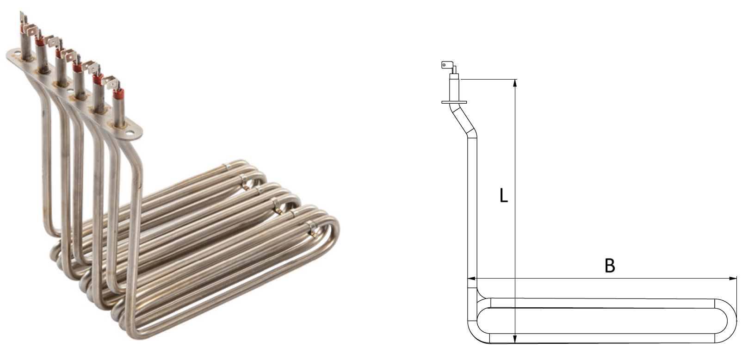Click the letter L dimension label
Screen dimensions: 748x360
(504, 196)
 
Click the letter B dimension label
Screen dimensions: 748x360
(610, 266)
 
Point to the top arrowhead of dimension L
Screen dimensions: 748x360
(515, 83)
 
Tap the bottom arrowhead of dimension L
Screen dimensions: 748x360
(515, 339)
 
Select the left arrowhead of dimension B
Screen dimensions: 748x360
(471, 278)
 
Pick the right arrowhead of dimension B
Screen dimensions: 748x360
(733, 278)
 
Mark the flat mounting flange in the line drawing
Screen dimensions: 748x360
(454, 102)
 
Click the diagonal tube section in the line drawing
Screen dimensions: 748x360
(463, 120)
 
